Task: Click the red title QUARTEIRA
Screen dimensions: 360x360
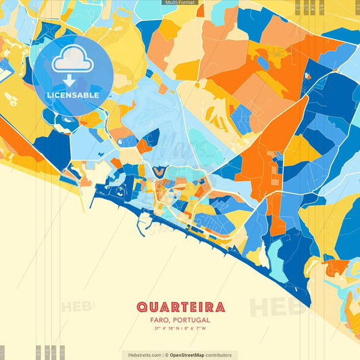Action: coord(179,307)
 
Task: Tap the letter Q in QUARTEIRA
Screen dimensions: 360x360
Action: coord(141,307)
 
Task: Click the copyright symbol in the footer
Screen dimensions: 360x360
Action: coord(165,355)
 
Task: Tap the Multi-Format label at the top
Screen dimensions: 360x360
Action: coord(180,3)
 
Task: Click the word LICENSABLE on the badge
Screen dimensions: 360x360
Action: coord(73,95)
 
